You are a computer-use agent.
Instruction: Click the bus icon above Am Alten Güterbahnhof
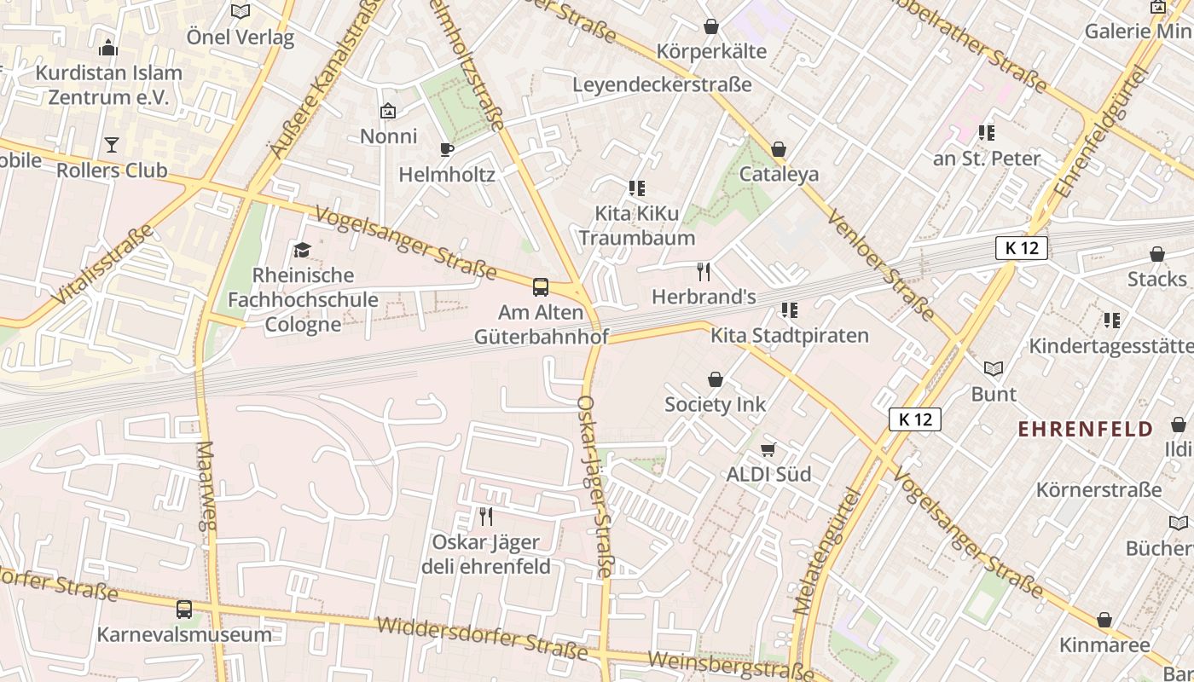tap(541, 287)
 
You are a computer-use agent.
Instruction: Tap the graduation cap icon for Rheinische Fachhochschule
tap(302, 250)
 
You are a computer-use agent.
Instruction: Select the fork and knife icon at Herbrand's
tap(704, 272)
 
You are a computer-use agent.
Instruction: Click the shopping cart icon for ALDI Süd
tap(768, 449)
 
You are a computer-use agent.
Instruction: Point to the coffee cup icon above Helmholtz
tap(447, 150)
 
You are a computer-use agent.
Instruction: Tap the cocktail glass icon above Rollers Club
tap(112, 145)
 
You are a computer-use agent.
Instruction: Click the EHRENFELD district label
tap(1085, 429)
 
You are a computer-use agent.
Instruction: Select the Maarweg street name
tap(207, 486)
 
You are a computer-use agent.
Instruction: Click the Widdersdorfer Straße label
tap(482, 639)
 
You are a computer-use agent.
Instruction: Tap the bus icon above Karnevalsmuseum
tap(184, 610)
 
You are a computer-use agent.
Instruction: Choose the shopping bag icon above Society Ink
tap(715, 379)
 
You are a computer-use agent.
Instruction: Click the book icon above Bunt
tap(994, 368)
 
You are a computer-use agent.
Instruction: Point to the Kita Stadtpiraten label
tap(790, 336)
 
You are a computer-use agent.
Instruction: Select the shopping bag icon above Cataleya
tap(779, 150)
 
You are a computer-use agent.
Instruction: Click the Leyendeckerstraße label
tap(662, 85)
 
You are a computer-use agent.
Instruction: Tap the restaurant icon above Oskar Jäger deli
tap(486, 517)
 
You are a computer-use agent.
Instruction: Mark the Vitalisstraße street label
tap(102, 264)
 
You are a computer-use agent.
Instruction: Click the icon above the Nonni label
tap(388, 111)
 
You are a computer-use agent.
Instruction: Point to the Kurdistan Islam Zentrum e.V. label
tap(108, 85)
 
